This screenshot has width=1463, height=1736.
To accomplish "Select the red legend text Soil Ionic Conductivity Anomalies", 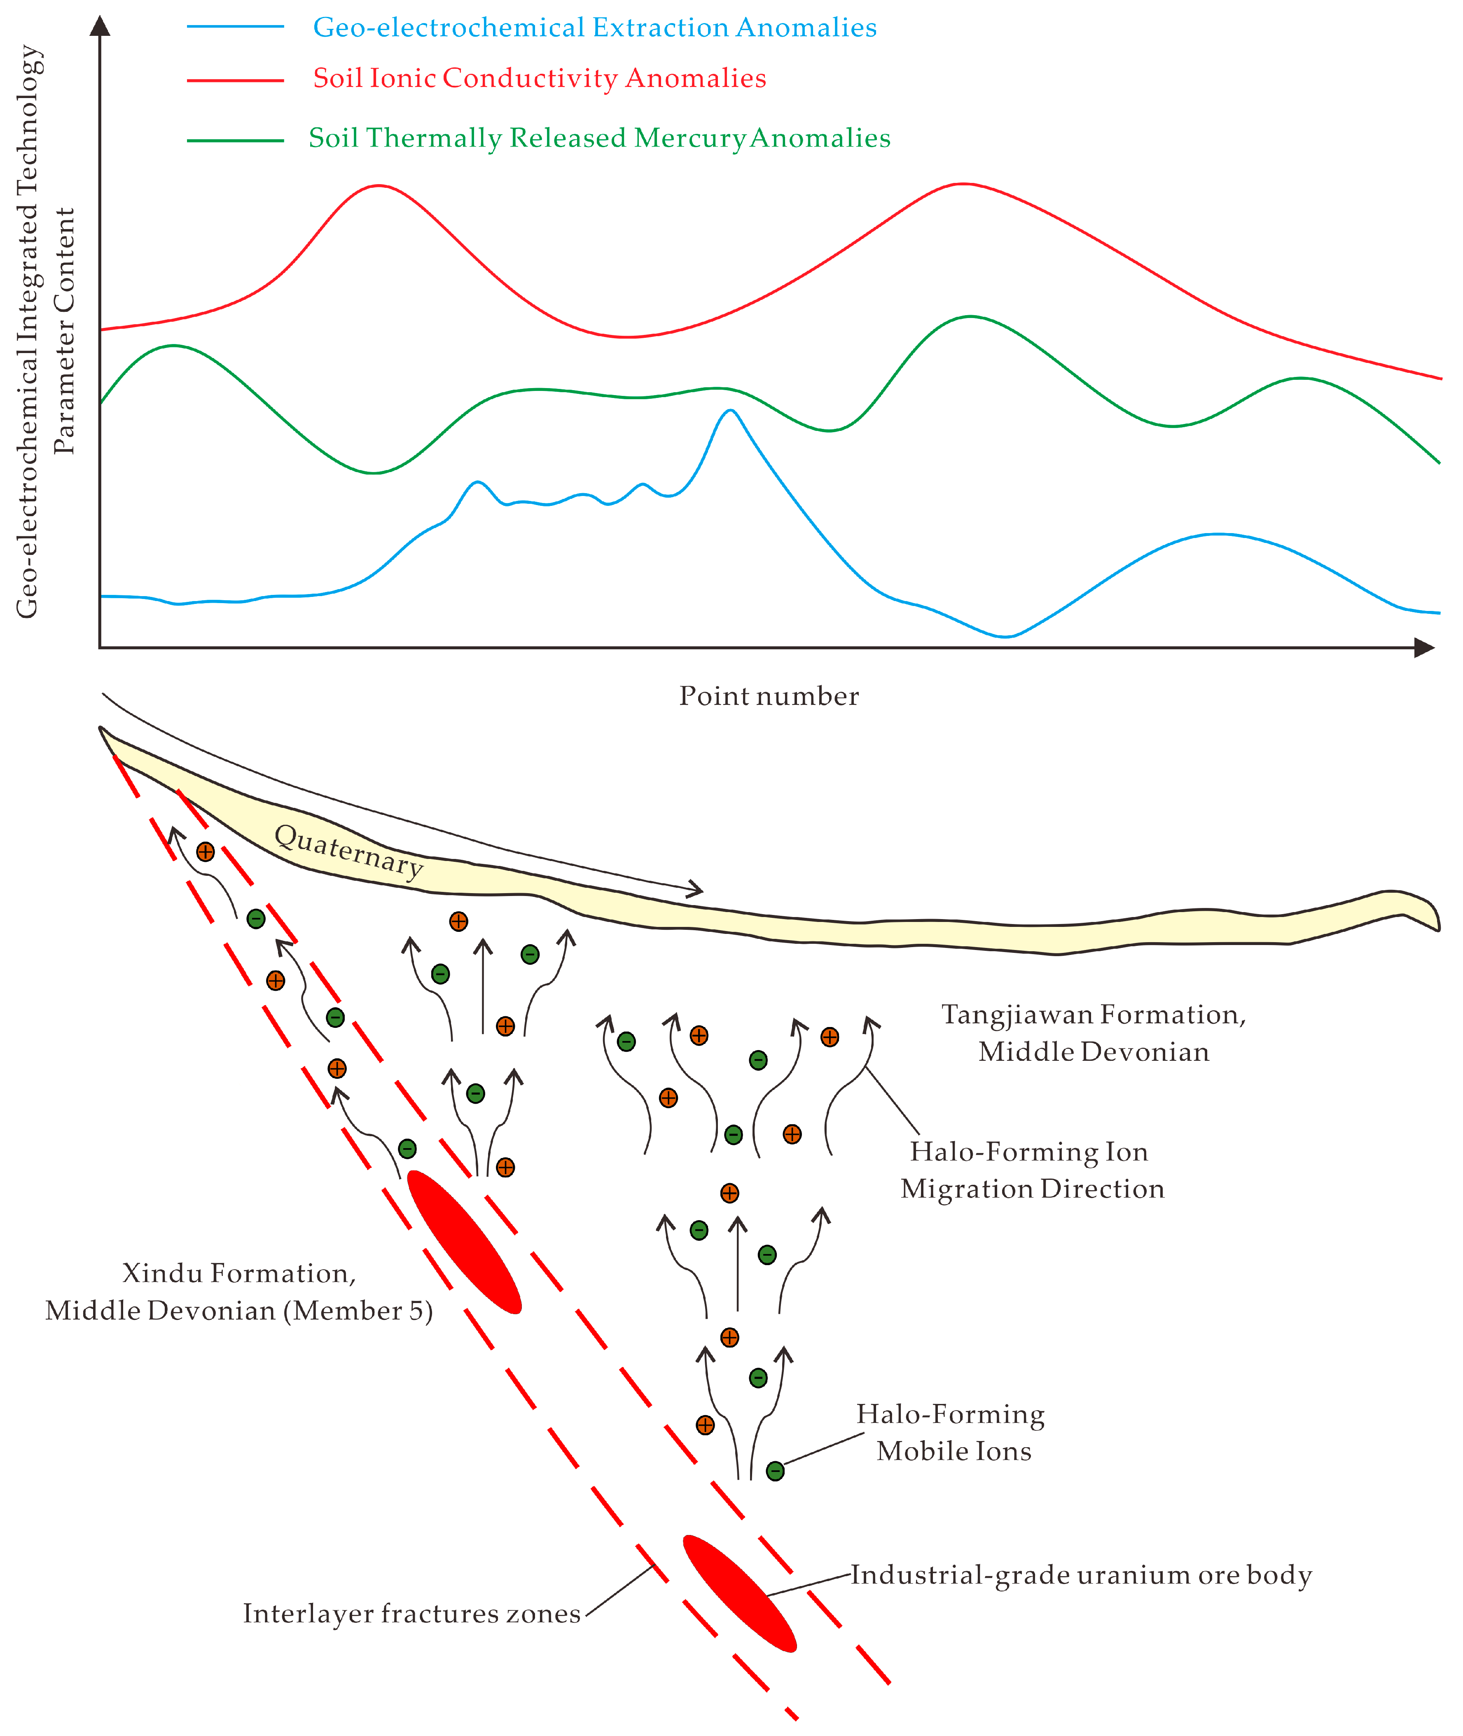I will pos(539,78).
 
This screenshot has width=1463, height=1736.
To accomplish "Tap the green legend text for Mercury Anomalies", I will pos(599,138).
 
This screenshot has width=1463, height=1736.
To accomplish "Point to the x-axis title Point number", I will pos(769,696).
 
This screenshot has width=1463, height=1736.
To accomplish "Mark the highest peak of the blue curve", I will pos(730,411).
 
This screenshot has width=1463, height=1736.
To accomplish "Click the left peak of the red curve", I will pos(378,186).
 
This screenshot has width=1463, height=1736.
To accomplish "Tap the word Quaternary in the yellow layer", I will pos(348,850).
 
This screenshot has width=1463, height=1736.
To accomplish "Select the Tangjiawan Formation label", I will pos(1093,1033).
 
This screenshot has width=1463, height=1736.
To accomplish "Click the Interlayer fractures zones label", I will pos(411,1613).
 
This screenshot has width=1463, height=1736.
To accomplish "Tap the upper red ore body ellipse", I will pos(465,1242).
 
